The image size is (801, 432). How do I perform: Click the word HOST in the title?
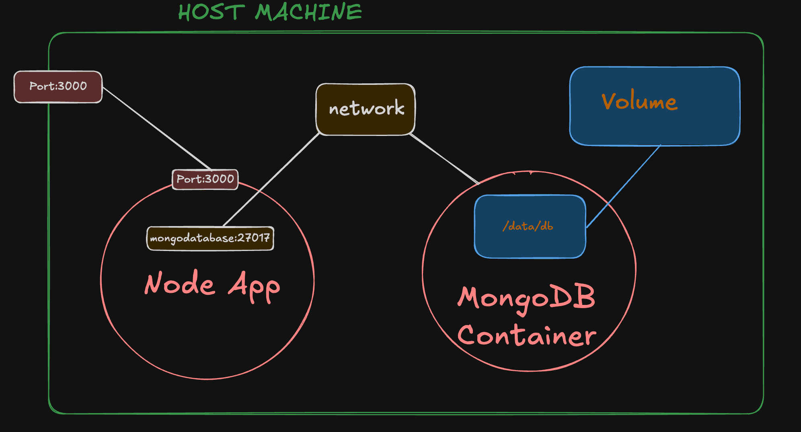212,12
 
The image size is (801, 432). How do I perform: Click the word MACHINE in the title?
308,12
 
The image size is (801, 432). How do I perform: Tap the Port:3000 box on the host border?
58,86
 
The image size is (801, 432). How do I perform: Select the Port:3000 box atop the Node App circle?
205,179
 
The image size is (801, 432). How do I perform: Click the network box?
366,109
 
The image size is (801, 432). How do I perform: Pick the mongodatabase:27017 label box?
210,239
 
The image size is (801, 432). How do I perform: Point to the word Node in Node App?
180,284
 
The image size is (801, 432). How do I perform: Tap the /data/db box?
530,226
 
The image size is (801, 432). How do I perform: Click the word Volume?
639,101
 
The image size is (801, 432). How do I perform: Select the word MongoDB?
526,298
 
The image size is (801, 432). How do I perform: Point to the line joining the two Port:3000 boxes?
157,128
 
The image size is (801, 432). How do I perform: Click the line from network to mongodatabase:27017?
271,180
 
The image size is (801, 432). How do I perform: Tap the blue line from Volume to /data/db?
624,186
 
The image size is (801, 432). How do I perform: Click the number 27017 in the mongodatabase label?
253,238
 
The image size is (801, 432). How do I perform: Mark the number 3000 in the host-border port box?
72,86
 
